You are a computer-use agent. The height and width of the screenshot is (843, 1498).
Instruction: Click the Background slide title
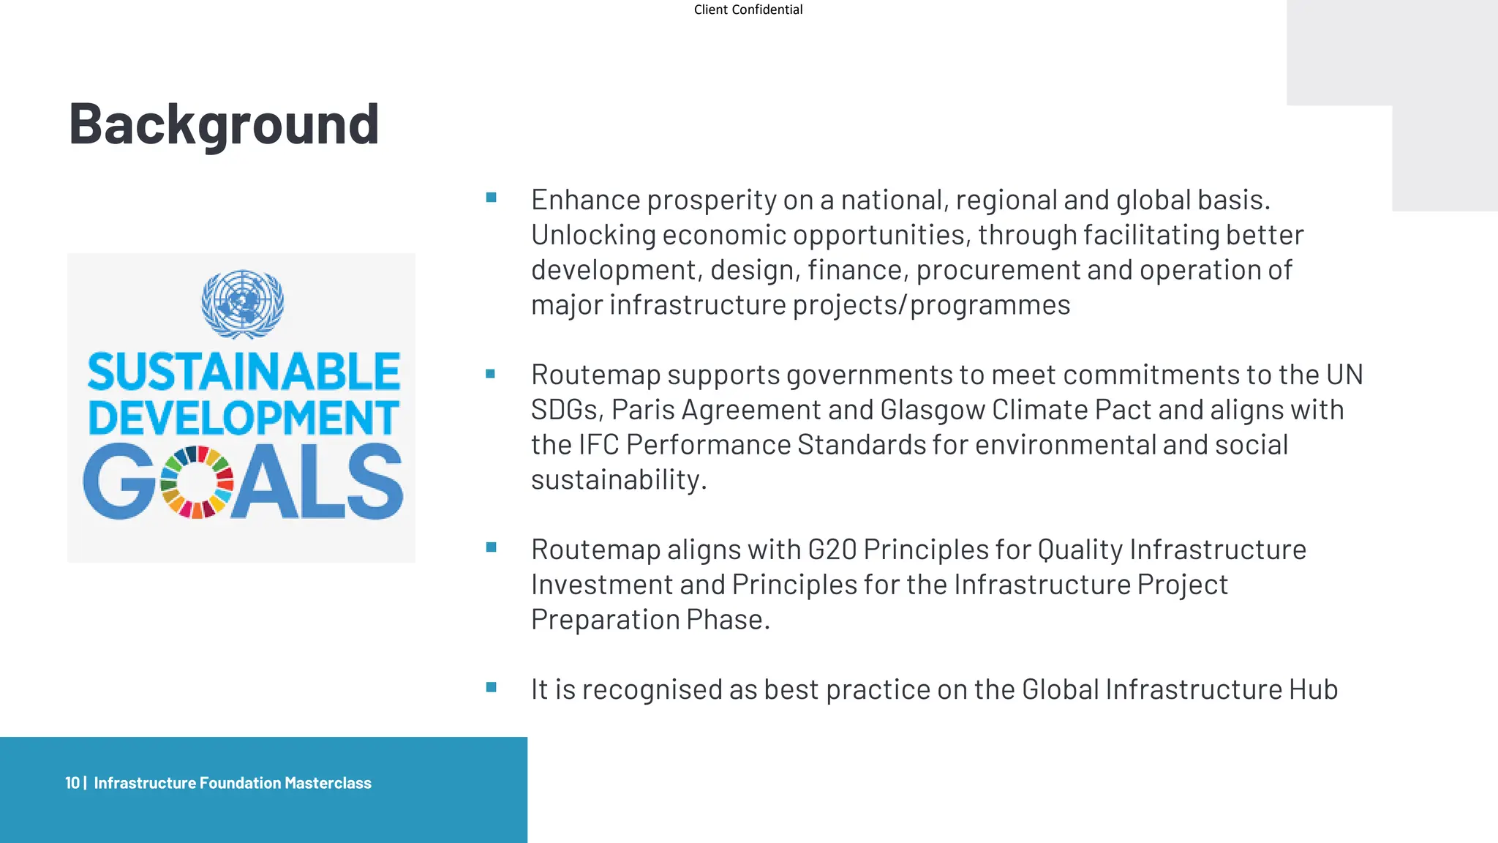(224, 124)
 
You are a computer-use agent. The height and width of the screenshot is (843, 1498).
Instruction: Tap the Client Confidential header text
(748, 10)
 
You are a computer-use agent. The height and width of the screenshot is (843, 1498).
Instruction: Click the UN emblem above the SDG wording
(242, 304)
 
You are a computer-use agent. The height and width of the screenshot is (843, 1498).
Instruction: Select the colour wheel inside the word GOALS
(196, 482)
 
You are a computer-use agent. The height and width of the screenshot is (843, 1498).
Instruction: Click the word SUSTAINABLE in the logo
(244, 372)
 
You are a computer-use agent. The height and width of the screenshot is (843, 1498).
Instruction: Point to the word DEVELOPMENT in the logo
(244, 417)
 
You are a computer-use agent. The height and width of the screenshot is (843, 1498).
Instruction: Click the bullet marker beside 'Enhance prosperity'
(491, 198)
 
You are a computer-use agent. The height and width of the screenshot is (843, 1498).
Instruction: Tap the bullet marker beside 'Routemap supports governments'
(491, 374)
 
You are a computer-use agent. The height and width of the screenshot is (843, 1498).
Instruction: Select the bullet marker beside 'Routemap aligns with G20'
(491, 547)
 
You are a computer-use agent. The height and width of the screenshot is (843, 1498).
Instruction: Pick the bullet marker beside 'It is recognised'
(491, 687)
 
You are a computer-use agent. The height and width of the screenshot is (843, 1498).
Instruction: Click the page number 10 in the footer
(72, 783)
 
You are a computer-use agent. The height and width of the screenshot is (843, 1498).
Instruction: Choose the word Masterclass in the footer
(328, 783)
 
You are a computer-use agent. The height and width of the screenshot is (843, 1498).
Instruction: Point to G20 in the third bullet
(832, 550)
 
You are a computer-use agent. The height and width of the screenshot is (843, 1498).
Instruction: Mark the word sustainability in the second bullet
(618, 480)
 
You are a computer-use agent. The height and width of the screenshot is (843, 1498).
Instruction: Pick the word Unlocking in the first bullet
(593, 235)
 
